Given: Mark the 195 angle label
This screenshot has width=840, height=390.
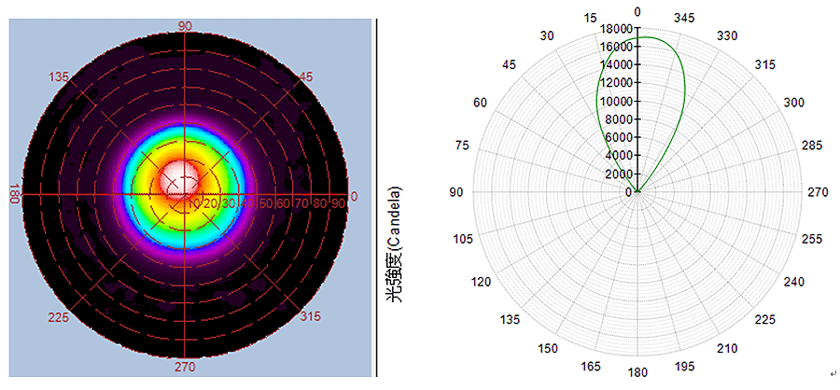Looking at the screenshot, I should coord(685,366).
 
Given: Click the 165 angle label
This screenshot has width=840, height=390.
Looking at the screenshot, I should coord(592,366).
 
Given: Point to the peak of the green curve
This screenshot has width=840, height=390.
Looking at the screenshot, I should coord(643,37).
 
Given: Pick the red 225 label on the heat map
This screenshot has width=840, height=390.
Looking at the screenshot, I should coord(59,317).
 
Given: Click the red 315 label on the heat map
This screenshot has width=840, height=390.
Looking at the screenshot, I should coord(310,317).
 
